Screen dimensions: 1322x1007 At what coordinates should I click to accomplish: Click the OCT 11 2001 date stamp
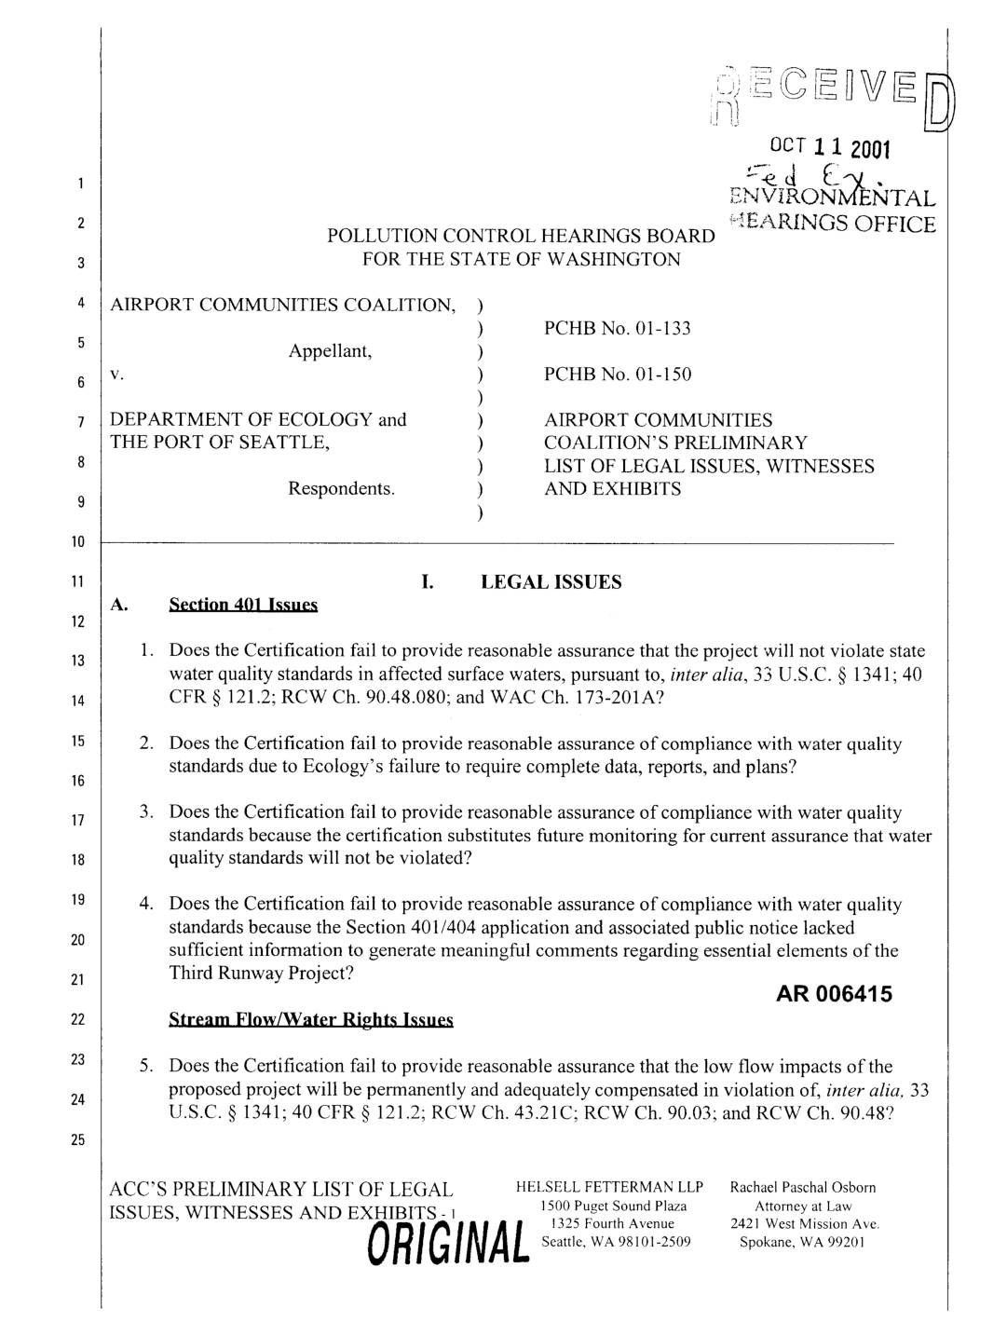tap(831, 149)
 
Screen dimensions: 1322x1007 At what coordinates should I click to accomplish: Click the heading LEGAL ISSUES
tap(550, 582)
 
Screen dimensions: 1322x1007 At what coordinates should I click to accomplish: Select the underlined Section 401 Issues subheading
tap(243, 606)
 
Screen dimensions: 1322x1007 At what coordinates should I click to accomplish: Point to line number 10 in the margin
tap(81, 542)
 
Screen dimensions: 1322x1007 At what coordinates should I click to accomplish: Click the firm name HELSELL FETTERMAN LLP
tap(608, 1188)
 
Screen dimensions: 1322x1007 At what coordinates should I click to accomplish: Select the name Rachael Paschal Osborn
tap(803, 1188)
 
